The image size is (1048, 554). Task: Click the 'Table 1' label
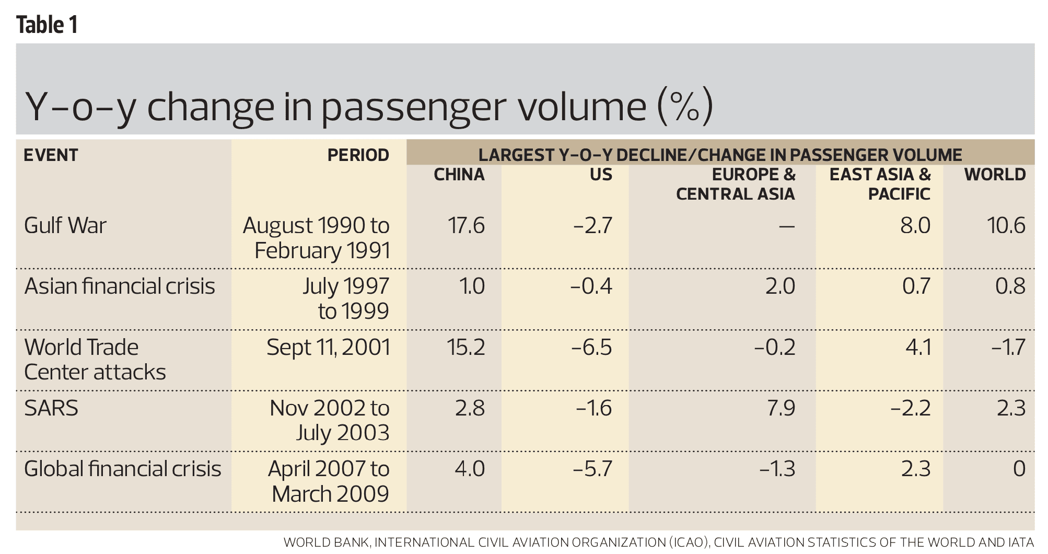tap(47, 25)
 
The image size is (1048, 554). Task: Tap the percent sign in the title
tap(685, 107)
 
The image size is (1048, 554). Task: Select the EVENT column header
tap(51, 155)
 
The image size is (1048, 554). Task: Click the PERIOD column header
tap(358, 155)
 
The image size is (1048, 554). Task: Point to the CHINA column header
tap(459, 175)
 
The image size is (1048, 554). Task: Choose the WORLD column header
tap(995, 175)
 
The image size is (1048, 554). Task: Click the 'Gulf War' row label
tap(65, 225)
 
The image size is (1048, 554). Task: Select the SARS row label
tap(51, 408)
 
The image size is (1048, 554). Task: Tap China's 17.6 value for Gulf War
tap(466, 225)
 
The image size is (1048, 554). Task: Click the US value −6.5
tap(591, 347)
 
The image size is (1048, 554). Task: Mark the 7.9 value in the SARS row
tap(781, 408)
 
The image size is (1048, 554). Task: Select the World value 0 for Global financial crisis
tap(1019, 468)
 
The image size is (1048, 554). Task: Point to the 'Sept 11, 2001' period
tap(328, 347)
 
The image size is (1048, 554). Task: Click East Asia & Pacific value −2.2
tap(911, 408)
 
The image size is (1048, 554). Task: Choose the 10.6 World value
tap(1006, 225)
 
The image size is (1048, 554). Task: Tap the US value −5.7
tap(592, 468)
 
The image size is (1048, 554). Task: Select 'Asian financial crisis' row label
tap(120, 286)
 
